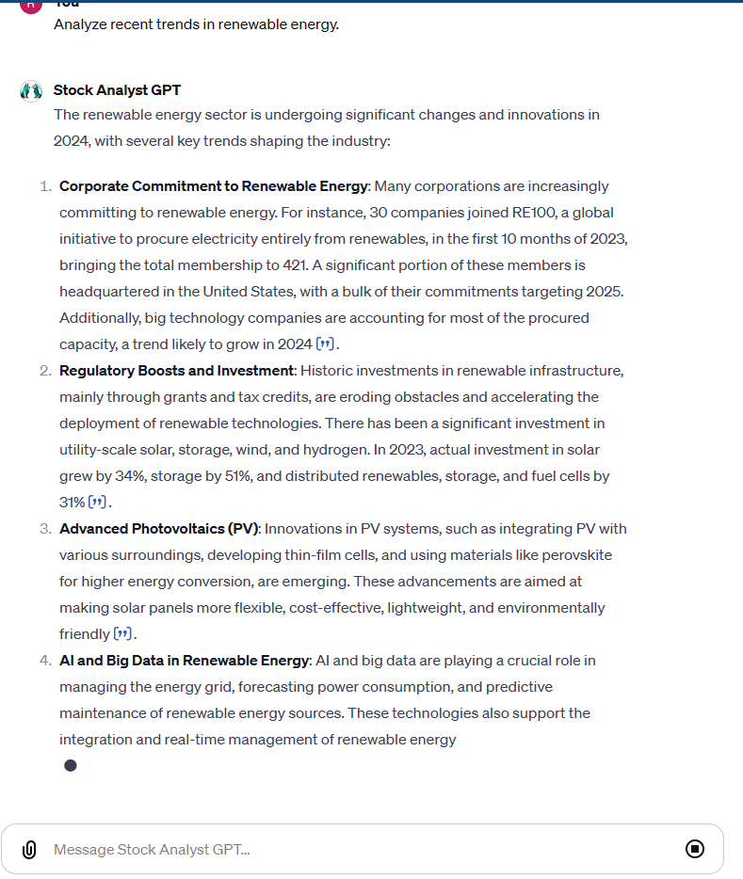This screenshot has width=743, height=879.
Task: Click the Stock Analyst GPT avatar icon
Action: click(31, 91)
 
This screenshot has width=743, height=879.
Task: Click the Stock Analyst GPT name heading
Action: click(117, 90)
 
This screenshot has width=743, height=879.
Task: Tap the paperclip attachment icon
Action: click(29, 850)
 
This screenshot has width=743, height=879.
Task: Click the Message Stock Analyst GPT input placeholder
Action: click(152, 850)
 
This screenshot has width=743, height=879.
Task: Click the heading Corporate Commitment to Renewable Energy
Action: click(213, 186)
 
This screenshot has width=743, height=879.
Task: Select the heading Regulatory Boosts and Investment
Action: click(176, 371)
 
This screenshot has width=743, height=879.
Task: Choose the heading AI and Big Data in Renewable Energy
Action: click(184, 661)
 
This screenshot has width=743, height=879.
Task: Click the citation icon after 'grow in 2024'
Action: click(326, 344)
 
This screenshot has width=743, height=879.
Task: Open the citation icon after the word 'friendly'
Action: click(123, 634)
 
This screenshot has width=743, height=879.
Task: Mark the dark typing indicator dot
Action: click(70, 765)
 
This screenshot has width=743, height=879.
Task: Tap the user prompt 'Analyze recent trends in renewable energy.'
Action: click(196, 24)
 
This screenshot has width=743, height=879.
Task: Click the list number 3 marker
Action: click(45, 529)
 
